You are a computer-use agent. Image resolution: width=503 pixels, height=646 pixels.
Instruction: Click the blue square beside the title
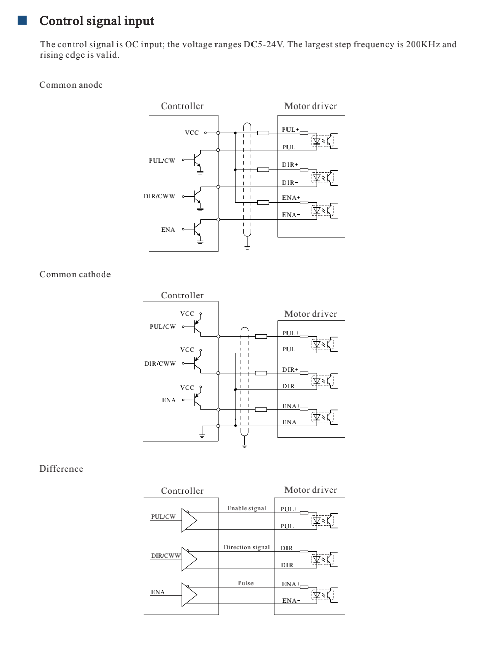coord(22,20)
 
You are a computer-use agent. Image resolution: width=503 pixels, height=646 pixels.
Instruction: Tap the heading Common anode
coord(71,85)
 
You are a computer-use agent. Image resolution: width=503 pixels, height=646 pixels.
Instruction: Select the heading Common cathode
coord(75,274)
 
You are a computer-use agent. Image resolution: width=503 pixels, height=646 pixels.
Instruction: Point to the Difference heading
coord(61,469)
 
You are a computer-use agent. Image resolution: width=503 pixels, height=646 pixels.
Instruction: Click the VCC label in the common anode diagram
coord(192,133)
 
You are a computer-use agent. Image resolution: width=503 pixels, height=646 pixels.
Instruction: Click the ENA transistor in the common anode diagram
coord(198,230)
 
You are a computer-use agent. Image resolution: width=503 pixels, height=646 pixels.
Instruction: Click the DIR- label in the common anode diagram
coord(290,183)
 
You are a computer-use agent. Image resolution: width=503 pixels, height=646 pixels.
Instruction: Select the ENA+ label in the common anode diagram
coord(291,198)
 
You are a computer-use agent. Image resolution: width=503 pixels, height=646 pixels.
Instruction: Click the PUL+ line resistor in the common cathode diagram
coord(261,336)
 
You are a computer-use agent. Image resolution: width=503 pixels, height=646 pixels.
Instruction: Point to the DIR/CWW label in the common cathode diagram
coord(160,363)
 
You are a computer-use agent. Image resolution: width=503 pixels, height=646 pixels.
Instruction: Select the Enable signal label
coord(246,508)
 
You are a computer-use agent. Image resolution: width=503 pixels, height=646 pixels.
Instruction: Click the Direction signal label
coord(246,547)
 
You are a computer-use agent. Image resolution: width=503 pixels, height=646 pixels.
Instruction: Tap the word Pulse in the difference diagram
coord(246,583)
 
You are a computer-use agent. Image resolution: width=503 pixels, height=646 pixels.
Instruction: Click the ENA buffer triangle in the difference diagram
coord(189,595)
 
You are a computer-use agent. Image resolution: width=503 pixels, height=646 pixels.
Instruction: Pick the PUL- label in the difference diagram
coord(289,526)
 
